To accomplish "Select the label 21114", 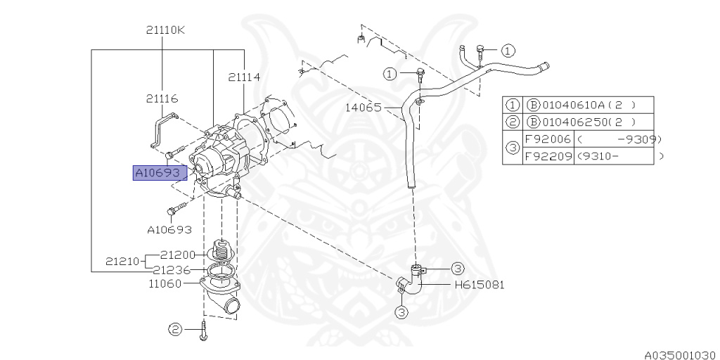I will (x=243, y=77).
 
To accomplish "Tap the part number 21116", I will (x=162, y=99).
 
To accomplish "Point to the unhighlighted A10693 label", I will (x=169, y=229).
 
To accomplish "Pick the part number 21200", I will (x=179, y=255).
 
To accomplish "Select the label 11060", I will (x=165, y=284).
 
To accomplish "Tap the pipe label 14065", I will (x=364, y=108).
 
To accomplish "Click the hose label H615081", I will (x=479, y=285).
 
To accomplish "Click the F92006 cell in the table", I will (x=548, y=139).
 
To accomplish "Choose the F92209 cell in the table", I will (x=548, y=156).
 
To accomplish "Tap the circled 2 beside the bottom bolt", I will (x=174, y=328).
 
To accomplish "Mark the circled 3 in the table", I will (x=513, y=148).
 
